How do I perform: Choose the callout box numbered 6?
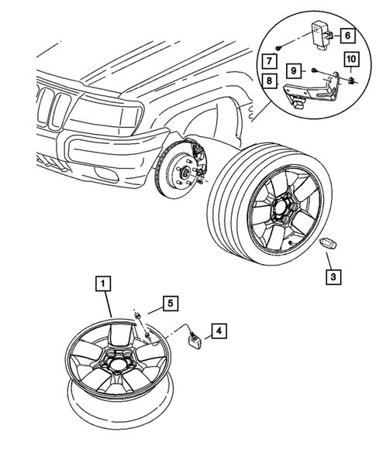(347, 34)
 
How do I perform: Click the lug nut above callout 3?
(327, 244)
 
